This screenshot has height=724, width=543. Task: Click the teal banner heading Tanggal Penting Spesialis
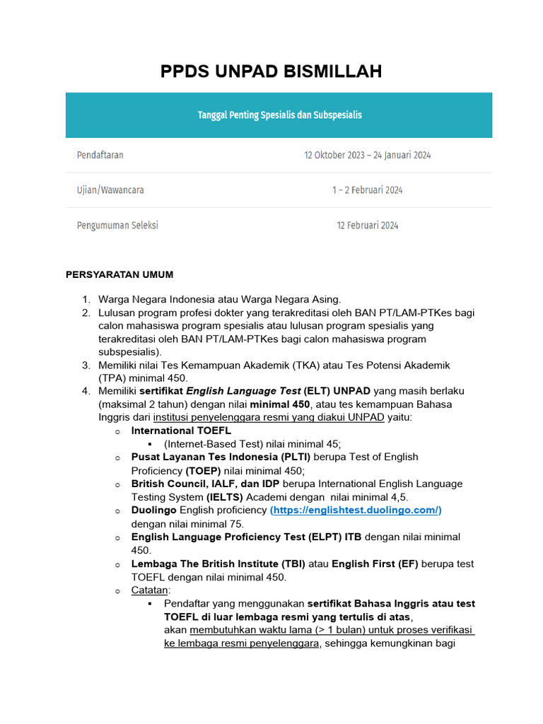[279, 115]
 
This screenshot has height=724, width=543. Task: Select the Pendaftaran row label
[100, 155]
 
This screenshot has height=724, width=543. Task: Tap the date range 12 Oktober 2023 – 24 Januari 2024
[368, 155]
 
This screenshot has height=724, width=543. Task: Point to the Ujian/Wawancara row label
[110, 190]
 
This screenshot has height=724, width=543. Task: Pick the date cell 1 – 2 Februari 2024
[368, 190]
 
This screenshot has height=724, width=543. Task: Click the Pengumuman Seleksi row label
[117, 226]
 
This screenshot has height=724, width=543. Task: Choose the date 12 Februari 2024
[368, 226]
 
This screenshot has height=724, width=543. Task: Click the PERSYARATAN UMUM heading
[119, 274]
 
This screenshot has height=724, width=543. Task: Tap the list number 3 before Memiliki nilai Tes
[85, 366]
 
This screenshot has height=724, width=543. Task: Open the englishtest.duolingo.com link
[356, 510]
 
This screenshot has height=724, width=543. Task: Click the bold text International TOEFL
[181, 431]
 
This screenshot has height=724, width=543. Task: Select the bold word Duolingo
[154, 510]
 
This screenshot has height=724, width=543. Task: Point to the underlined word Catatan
[150, 590]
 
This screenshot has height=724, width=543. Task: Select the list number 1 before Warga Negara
[85, 299]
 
